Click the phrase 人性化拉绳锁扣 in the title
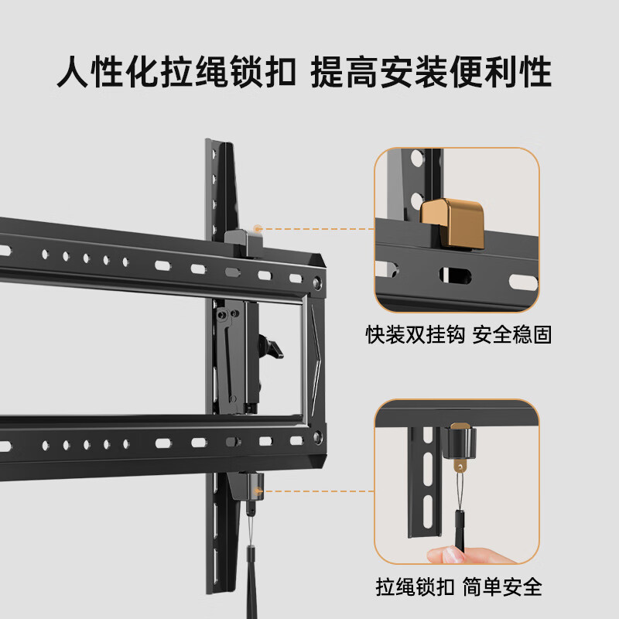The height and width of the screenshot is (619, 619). (178, 73)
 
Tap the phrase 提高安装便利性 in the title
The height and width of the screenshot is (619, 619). (431, 73)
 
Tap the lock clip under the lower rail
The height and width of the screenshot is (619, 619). (248, 486)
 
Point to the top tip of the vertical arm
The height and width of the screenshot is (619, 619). (217, 144)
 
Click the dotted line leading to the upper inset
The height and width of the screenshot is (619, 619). (317, 229)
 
